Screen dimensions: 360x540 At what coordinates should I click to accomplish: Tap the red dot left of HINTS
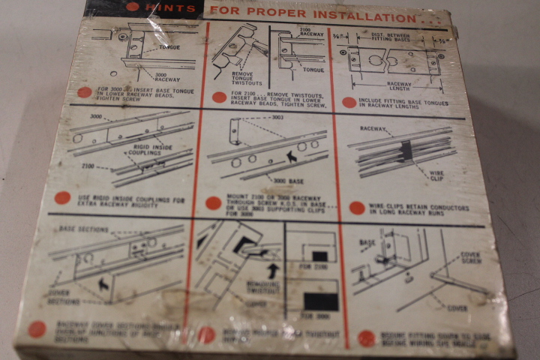click(x=133, y=7)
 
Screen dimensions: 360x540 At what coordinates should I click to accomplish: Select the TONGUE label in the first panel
click(x=169, y=46)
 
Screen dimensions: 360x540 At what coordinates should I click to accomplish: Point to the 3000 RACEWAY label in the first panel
click(x=167, y=79)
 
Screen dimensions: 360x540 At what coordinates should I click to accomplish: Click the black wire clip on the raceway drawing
click(x=406, y=151)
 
